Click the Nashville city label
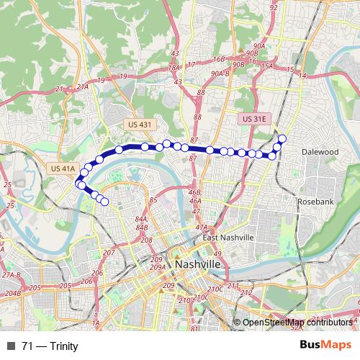click(x=197, y=266)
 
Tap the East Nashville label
click(x=228, y=238)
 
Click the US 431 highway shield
click(x=140, y=125)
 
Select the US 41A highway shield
click(x=64, y=168)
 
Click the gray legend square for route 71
click(x=10, y=346)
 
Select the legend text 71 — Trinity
click(x=50, y=346)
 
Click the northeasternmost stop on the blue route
click(x=282, y=138)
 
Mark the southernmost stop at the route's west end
click(x=104, y=202)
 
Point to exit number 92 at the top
click(x=273, y=7)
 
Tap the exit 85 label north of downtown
click(x=153, y=200)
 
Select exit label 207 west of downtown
click(x=109, y=253)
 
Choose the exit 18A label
click(x=173, y=68)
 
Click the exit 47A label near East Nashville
click(x=201, y=228)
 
